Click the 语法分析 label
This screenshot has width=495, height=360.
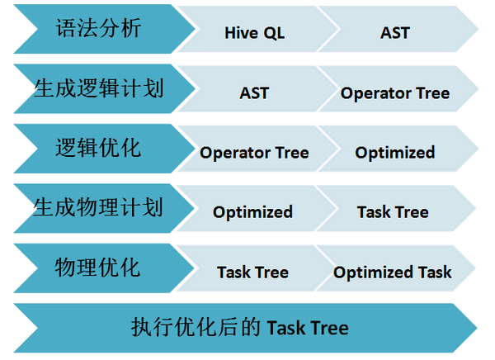[x=98, y=28]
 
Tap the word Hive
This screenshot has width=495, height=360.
[x=242, y=32]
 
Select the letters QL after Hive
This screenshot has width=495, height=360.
[x=274, y=33]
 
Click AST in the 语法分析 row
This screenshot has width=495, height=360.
[x=395, y=32]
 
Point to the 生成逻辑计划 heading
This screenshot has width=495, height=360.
[x=98, y=88]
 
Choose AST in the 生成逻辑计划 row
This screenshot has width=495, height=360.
[x=254, y=93]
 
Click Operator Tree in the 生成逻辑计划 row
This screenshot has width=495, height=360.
[x=395, y=93]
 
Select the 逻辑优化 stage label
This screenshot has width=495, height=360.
[x=98, y=148]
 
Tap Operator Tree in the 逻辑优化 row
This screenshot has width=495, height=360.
[x=254, y=153]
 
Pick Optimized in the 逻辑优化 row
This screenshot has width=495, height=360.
[x=395, y=153]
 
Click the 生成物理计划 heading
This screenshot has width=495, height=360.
[x=98, y=207]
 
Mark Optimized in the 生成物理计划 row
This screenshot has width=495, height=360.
[x=252, y=212]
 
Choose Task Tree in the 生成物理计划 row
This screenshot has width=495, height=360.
[x=393, y=212]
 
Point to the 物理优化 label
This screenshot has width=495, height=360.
[x=97, y=267]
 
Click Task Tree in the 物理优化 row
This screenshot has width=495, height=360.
[x=252, y=272]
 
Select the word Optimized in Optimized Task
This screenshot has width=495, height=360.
[x=373, y=272]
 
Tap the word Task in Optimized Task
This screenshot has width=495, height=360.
[x=435, y=272]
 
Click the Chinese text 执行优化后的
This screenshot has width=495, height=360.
[x=196, y=327]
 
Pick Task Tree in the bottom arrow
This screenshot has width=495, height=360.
[x=308, y=328]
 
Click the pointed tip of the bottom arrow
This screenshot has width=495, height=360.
[x=477, y=328]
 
